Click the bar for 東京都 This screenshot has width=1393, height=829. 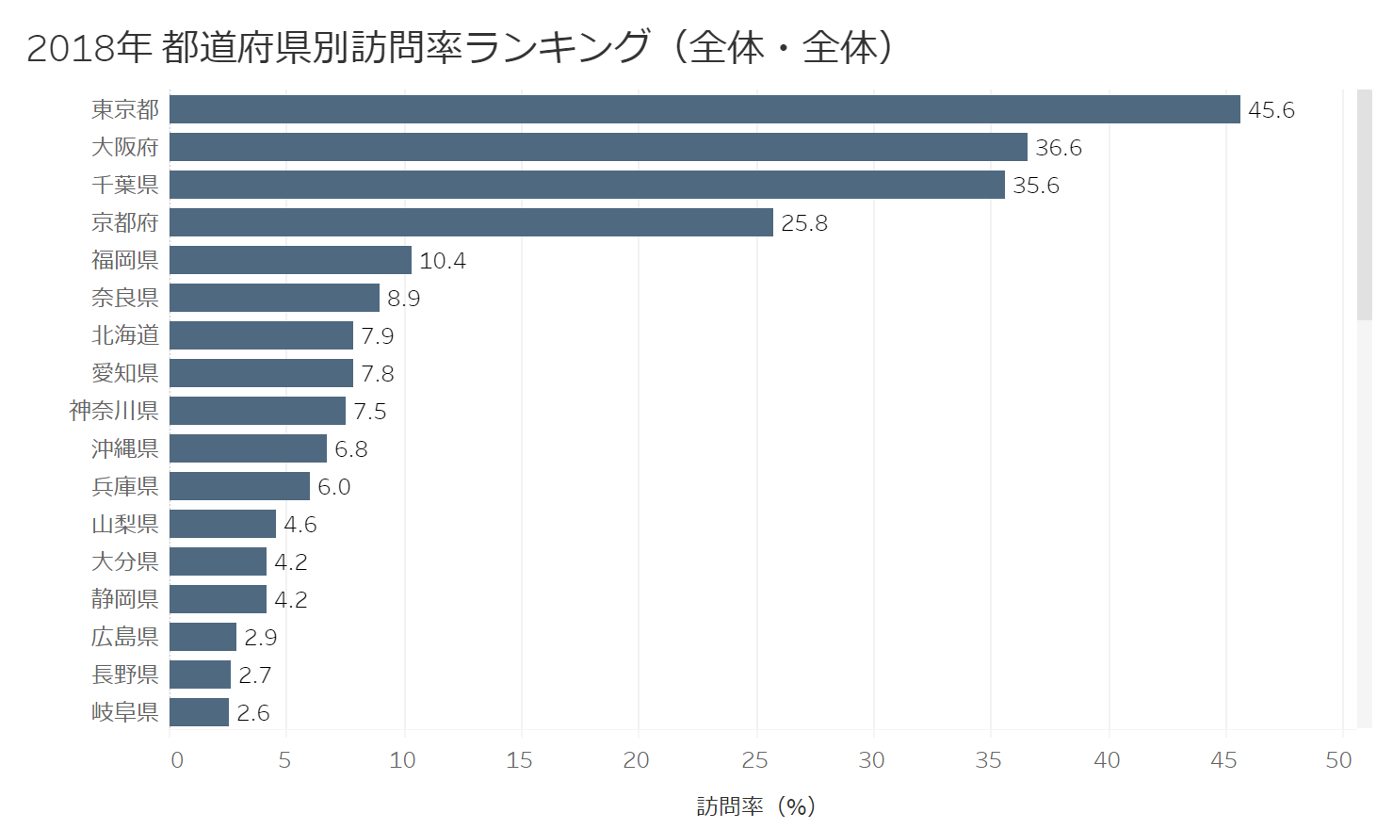point(705,109)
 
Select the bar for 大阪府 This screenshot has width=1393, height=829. point(598,147)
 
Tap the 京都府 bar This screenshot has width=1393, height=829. point(471,222)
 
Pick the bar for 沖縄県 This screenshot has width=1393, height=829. point(248,448)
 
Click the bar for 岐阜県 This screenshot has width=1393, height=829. point(199,712)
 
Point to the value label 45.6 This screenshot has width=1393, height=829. point(1271,110)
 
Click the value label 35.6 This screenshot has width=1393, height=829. point(1035,186)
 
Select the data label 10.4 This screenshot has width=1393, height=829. point(442,261)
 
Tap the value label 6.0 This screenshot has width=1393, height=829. point(333,487)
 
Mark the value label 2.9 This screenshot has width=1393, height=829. point(260,638)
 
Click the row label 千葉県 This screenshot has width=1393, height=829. point(124,185)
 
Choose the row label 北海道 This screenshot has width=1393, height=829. point(124,335)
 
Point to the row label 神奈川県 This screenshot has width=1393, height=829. point(113,411)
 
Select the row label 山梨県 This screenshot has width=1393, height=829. point(124,524)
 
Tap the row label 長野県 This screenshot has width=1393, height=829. point(124,675)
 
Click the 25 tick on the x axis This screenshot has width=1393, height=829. point(754,760)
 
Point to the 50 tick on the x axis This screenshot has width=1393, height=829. point(1338,760)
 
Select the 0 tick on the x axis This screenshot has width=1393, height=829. point(177,760)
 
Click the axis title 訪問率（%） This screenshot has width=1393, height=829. point(755,806)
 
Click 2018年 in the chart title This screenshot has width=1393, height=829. point(89,47)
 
